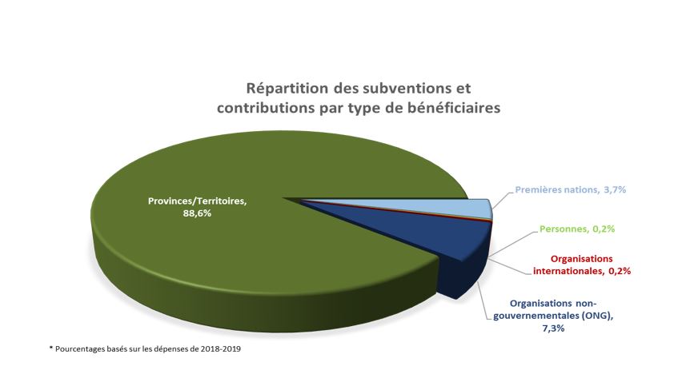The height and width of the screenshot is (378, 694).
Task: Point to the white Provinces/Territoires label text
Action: coord(196,201)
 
